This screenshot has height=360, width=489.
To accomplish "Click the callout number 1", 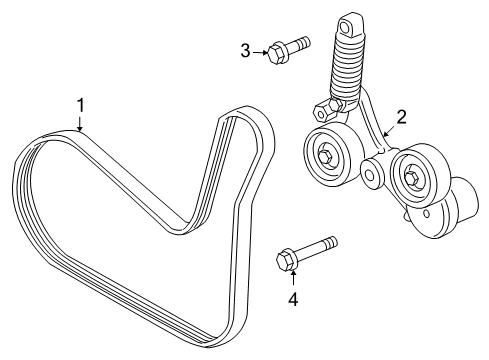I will coord(81,104).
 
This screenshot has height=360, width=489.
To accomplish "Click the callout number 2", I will coord(400,118).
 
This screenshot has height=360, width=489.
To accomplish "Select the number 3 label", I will coord(245,49).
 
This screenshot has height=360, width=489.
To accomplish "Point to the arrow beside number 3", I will coord(258,49).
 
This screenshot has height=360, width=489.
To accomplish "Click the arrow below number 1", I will coord(81,122).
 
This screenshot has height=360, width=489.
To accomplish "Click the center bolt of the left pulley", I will coord(327,154).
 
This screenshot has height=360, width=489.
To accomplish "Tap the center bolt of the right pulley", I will coord(411,177).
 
